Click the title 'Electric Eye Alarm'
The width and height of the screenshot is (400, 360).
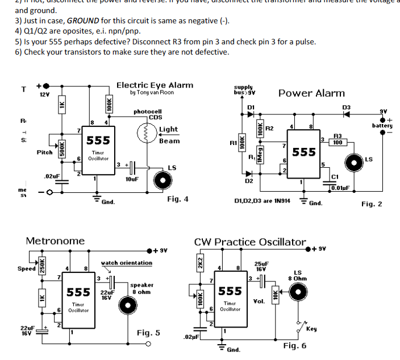(x=155, y=85)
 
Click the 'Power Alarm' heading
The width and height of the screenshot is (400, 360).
(x=311, y=93)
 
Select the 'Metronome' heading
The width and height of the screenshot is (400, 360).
(x=55, y=241)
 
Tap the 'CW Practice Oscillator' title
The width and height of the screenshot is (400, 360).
(x=250, y=242)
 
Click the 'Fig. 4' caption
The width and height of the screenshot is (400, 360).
(x=177, y=200)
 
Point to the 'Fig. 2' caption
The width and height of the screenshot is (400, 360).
(x=372, y=204)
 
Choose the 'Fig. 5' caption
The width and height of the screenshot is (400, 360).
(x=148, y=333)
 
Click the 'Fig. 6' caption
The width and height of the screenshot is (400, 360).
(x=295, y=345)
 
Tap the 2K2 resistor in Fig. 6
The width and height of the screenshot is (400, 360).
(x=200, y=264)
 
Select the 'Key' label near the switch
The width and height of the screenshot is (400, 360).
(x=311, y=329)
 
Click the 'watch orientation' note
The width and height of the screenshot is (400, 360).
(x=126, y=263)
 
